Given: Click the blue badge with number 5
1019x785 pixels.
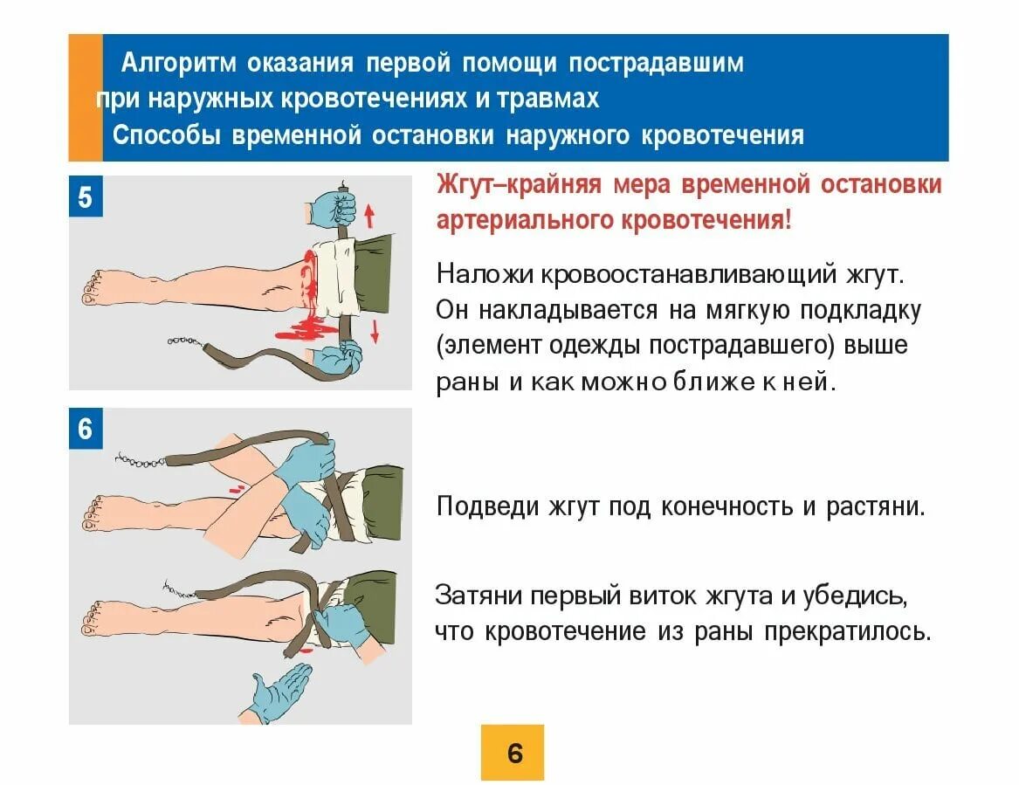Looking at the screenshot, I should [x=86, y=197].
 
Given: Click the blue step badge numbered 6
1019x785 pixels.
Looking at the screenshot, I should [x=86, y=430].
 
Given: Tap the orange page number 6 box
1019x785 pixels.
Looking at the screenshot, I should [x=513, y=752].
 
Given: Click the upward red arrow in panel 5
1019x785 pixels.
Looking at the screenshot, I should [x=368, y=214].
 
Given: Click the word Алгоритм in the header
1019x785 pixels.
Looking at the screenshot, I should [x=178, y=63].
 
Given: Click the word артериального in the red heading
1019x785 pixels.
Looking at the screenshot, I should [x=525, y=220].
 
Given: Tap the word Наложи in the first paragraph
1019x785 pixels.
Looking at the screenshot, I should [x=485, y=275].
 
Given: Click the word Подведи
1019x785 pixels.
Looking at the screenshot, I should [x=483, y=506].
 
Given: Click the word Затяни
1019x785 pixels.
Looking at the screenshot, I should [x=480, y=596].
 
